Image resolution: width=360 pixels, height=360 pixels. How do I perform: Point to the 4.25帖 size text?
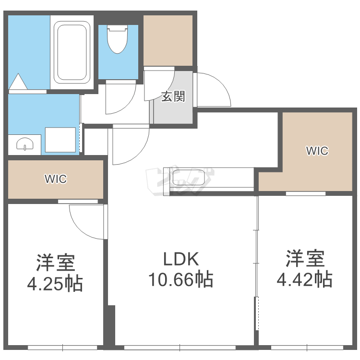[55, 284]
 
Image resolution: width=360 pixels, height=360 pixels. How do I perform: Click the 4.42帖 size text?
[305, 279]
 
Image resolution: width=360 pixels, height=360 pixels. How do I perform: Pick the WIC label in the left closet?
[56, 179]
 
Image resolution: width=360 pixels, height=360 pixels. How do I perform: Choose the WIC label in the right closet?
[317, 151]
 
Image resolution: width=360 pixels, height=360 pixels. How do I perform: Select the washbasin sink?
[24, 144]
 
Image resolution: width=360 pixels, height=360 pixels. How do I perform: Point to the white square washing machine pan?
[60, 140]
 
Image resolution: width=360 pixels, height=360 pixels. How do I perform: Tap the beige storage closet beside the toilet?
[168, 40]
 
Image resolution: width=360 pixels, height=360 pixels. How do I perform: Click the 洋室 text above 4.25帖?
[55, 263]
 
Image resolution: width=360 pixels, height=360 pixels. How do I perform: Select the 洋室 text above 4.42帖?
[305, 258]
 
